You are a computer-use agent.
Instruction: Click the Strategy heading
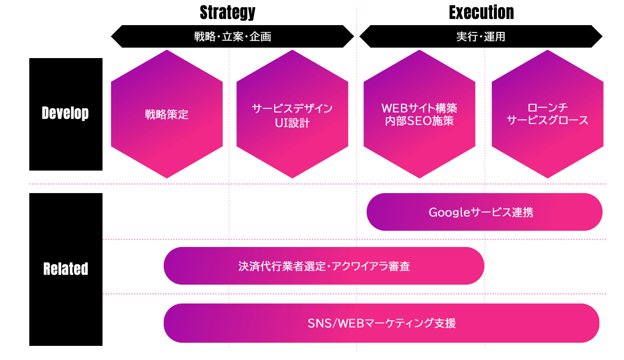[228, 13]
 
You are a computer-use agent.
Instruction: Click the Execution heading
[481, 13]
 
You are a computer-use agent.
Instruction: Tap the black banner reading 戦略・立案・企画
[232, 37]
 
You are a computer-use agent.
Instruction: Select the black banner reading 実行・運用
[481, 37]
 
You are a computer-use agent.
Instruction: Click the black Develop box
[66, 114]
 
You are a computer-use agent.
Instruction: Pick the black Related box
[66, 269]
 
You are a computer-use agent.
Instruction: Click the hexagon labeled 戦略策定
[167, 114]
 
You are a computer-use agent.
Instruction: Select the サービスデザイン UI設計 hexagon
[292, 114]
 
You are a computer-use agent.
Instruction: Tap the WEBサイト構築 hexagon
[419, 114]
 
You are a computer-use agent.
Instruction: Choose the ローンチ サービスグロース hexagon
[548, 114]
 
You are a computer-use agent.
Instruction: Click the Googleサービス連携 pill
[484, 212]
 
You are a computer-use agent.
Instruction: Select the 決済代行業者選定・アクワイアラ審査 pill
[324, 266]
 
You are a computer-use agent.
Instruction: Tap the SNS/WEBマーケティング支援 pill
[381, 323]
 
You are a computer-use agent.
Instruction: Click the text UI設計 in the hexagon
[292, 123]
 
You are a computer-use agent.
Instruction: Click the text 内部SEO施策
[419, 121]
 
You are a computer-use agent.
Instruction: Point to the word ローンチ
[548, 107]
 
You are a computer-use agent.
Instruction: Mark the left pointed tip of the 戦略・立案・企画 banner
[111, 37]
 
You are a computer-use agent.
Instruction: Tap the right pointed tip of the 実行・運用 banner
[602, 37]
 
